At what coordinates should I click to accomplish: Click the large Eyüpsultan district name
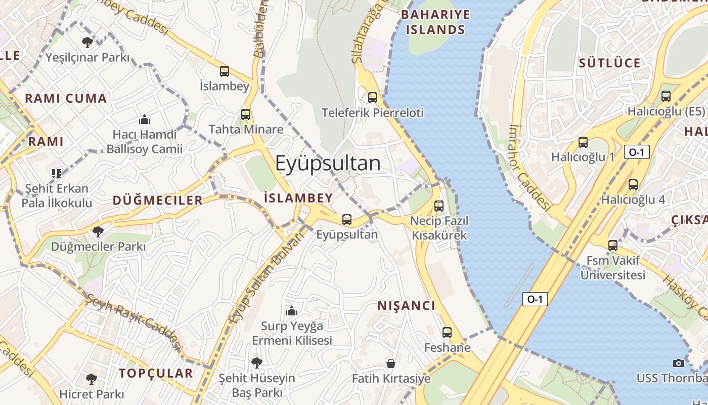click(x=328, y=163)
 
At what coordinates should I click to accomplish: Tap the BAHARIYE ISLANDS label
click(x=435, y=22)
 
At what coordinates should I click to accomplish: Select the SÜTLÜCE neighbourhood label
click(x=609, y=63)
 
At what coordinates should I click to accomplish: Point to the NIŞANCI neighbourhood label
click(x=406, y=306)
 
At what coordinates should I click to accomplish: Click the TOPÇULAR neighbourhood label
click(x=156, y=374)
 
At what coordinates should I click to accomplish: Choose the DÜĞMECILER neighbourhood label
click(x=158, y=200)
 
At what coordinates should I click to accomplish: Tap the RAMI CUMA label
click(x=66, y=99)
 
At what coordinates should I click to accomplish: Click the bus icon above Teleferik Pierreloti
click(x=373, y=98)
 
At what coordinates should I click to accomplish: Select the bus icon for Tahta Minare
click(x=246, y=114)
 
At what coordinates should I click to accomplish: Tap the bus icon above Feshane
click(x=447, y=333)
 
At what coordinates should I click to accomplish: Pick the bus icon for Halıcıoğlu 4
click(x=633, y=185)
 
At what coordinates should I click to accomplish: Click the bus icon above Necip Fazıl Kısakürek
click(x=439, y=206)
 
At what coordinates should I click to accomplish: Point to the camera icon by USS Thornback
click(x=679, y=363)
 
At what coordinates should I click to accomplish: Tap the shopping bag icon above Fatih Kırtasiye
click(x=391, y=363)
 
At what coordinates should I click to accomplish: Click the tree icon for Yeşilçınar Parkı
click(x=87, y=42)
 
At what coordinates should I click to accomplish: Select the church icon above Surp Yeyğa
click(x=292, y=311)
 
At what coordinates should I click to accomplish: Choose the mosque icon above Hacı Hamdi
click(x=145, y=120)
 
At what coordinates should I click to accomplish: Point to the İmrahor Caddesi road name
click(x=529, y=168)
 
